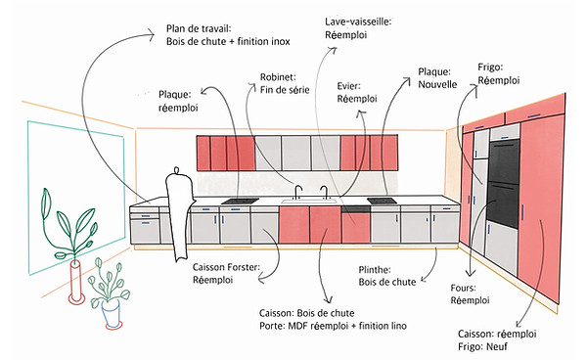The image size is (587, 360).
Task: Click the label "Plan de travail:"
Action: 199,28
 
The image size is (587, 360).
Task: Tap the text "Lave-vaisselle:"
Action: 358,22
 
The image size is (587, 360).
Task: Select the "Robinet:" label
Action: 278,77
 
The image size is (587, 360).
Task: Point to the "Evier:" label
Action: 348,86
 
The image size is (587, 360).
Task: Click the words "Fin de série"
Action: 285,90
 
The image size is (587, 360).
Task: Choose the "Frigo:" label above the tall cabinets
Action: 490,67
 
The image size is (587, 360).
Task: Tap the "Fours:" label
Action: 463,289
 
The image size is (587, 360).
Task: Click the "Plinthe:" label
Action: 375,270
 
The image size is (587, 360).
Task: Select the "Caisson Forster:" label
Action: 226,267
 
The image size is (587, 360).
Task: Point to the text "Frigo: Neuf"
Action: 482,346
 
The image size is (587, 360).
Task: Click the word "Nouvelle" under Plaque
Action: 437,84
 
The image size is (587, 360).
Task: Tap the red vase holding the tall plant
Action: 76,282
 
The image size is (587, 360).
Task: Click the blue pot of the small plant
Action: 112,314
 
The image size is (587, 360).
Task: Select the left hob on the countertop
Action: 240,202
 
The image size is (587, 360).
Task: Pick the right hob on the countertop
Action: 382,202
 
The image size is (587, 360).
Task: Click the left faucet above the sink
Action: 298,192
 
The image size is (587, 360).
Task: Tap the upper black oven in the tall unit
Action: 504,161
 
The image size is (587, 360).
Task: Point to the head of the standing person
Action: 177,170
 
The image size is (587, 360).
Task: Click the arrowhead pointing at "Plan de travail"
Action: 151,35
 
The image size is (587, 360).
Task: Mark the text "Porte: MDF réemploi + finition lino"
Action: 333,326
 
